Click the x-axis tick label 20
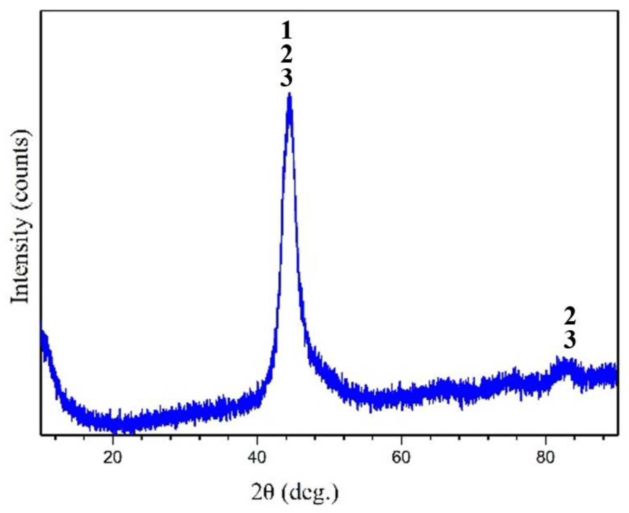pyautogui.click(x=113, y=458)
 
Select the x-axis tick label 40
pyautogui.click(x=257, y=458)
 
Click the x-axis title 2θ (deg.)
pyautogui.click(x=295, y=492)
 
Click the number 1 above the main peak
pyautogui.click(x=287, y=31)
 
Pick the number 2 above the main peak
pyautogui.click(x=287, y=55)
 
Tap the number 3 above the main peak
pyautogui.click(x=287, y=78)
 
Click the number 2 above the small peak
pyautogui.click(x=570, y=316)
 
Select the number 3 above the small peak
pyautogui.click(x=570, y=339)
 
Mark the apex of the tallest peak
pyautogui.click(x=290, y=94)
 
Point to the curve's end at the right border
pyautogui.click(x=617, y=374)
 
